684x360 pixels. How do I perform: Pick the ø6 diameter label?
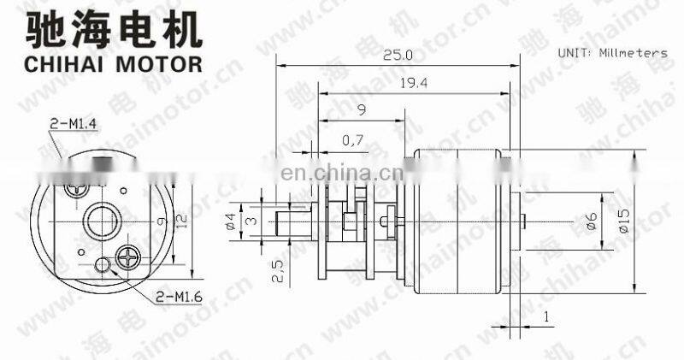[590, 221]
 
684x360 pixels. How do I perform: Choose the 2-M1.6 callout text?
[180, 297]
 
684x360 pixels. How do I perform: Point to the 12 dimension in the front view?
[179, 220]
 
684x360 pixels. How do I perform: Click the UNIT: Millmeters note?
[612, 52]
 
